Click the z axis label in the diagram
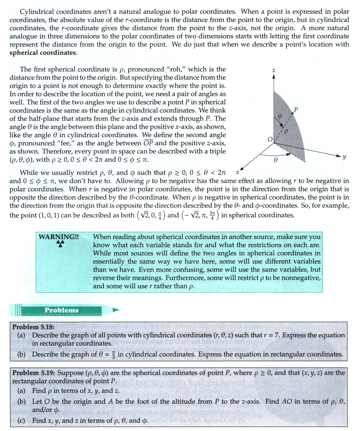pos(274,70)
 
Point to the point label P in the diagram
pos(296,109)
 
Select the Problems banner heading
pos(61,310)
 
